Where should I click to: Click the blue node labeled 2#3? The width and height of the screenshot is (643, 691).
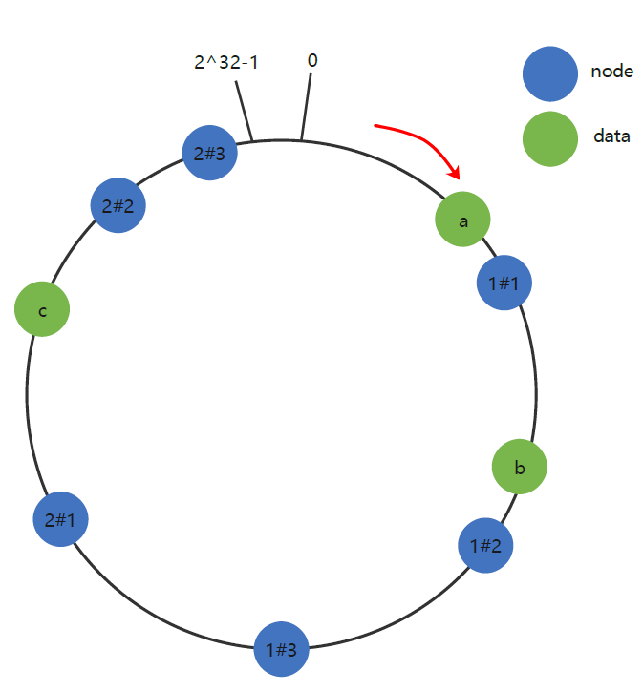pyautogui.click(x=209, y=153)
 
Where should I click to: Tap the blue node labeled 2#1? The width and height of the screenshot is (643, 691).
pyautogui.click(x=60, y=520)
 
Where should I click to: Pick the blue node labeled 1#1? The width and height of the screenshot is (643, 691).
pyautogui.click(x=504, y=283)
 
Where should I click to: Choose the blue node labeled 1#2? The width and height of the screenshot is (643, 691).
pyautogui.click(x=486, y=546)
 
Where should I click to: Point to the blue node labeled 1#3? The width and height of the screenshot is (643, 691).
pyautogui.click(x=281, y=650)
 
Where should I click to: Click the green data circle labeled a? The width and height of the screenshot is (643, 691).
pyautogui.click(x=463, y=220)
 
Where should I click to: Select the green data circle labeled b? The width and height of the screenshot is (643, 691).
pyautogui.click(x=520, y=468)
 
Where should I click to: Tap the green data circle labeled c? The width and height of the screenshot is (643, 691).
pyautogui.click(x=42, y=311)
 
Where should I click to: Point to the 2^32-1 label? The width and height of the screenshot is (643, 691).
pyautogui.click(x=226, y=63)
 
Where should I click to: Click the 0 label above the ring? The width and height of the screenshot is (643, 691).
pyautogui.click(x=312, y=61)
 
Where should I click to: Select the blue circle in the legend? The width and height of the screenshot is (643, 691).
pyautogui.click(x=550, y=73)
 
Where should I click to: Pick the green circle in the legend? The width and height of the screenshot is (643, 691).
pyautogui.click(x=550, y=137)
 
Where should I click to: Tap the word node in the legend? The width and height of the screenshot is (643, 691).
pyautogui.click(x=611, y=72)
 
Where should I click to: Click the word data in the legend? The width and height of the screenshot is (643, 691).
pyautogui.click(x=611, y=136)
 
